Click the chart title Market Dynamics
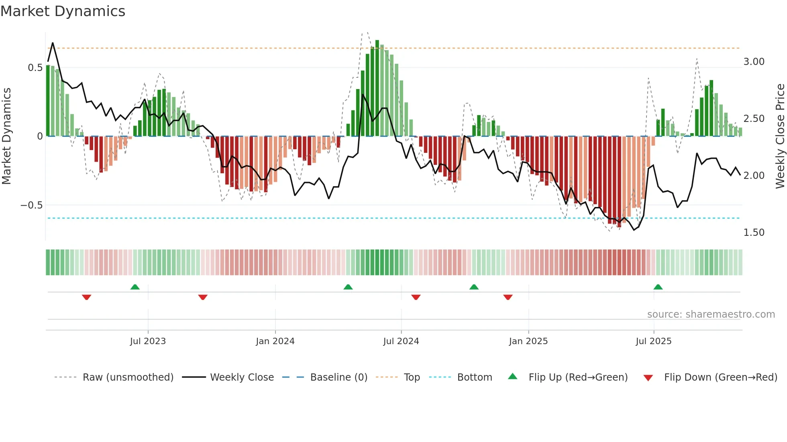pos(63,11)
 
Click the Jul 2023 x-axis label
pos(148,341)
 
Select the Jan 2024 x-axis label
pos(275,341)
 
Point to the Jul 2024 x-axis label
pos(401,341)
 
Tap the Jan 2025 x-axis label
pos(528,341)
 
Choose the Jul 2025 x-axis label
pos(653,341)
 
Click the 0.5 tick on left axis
pos(35,68)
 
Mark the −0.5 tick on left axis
pos(31,205)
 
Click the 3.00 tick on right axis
pos(754,62)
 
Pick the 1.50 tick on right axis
pos(754,233)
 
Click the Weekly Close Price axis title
pos(780,136)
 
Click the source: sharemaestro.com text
pos(711,314)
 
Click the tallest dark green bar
pos(377,88)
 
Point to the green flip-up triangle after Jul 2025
pos(658,287)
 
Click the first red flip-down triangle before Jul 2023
pos(86,297)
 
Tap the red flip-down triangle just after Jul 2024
pos(416,297)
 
